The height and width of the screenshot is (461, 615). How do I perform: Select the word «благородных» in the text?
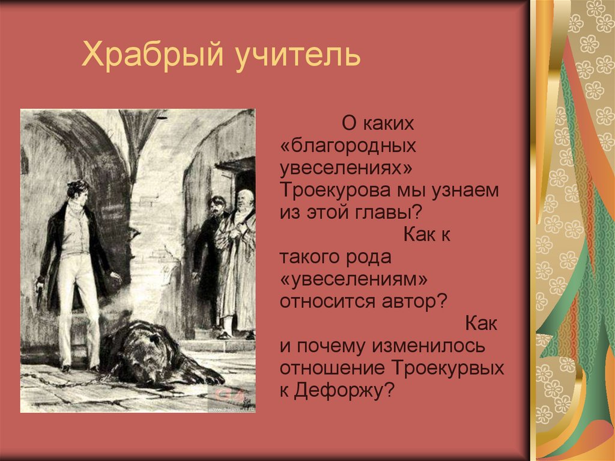pyautogui.click(x=348, y=146)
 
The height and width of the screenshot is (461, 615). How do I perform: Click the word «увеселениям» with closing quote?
pyautogui.click(x=354, y=279)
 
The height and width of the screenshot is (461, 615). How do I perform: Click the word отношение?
pyautogui.click(x=333, y=368)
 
